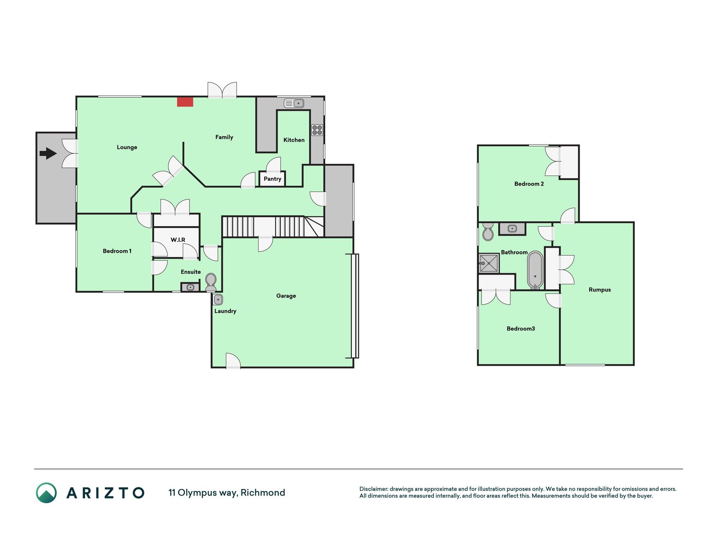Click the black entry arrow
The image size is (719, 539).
point(48,153)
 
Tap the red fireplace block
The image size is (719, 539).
point(185,102)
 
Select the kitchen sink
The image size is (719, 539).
point(294,103)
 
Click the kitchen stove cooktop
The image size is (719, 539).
point(317,130)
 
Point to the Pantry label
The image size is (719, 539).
point(273,179)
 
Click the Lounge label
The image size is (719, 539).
point(127,147)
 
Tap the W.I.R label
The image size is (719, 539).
point(178,240)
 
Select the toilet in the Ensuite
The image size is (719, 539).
point(211,282)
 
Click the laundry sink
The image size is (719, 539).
point(218,300)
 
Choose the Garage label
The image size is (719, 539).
point(286,296)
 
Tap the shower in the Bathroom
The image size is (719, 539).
point(489,263)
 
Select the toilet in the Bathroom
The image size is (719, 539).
point(488,232)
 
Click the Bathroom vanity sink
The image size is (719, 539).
point(512,229)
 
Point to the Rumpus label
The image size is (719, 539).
point(600,290)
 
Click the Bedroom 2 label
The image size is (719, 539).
point(529,184)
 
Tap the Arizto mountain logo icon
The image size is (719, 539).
point(46,493)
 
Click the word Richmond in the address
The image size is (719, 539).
point(263,493)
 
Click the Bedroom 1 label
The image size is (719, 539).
point(117,251)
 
